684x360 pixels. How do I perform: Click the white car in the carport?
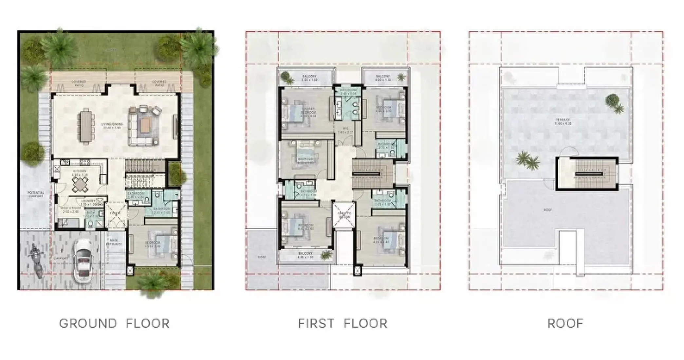tap(83, 261)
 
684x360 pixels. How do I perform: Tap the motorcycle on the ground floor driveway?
tap(36, 261)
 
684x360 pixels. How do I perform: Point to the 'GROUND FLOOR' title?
tap(114, 323)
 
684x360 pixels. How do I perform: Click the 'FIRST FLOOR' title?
tap(342, 323)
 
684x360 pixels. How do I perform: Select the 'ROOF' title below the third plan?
tap(565, 323)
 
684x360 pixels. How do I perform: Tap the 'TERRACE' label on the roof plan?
tap(563, 120)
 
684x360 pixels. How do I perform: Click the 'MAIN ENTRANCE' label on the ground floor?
tap(114, 243)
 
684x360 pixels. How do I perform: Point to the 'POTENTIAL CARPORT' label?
tap(36, 194)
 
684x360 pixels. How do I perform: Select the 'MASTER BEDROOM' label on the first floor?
tap(308, 110)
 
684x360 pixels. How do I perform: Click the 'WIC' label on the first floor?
tap(345, 129)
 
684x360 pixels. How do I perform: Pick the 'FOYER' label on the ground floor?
tap(116, 213)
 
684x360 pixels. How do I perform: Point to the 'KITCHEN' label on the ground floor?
tap(80, 171)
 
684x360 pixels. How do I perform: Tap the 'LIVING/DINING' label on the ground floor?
tap(112, 124)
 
